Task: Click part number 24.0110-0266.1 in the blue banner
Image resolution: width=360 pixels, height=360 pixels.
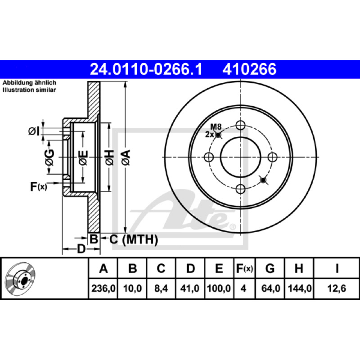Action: pos(146,69)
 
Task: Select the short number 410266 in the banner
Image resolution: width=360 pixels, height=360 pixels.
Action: pos(249,69)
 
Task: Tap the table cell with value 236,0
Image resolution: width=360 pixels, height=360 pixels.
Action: pos(103,288)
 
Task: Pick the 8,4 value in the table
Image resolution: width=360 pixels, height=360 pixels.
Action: pos(161,288)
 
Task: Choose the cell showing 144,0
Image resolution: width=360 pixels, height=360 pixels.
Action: pos(300,288)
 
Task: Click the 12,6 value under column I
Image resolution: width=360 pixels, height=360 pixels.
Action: pos(337,288)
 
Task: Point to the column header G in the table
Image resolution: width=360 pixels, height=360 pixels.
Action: pos(270,268)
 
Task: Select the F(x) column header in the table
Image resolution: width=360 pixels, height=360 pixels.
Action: pos(244,268)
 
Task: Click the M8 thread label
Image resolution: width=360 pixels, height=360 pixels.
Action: pos(216,126)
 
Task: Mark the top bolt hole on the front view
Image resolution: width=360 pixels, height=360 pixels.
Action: pos(241,126)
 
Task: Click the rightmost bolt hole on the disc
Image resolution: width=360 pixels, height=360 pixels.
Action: pos(273,157)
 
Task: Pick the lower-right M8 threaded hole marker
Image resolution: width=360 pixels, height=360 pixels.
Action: pos(263,180)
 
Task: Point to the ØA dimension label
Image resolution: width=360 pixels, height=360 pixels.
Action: pos(126,157)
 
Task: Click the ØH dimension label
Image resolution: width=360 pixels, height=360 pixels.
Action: pos(109,157)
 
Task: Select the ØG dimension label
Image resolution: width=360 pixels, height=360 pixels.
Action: pos(49,157)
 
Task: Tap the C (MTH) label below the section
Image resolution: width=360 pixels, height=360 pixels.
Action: pos(134,239)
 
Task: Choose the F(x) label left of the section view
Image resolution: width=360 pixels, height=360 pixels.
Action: pos(38,186)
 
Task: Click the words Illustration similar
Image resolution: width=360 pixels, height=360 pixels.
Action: pos(29,90)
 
